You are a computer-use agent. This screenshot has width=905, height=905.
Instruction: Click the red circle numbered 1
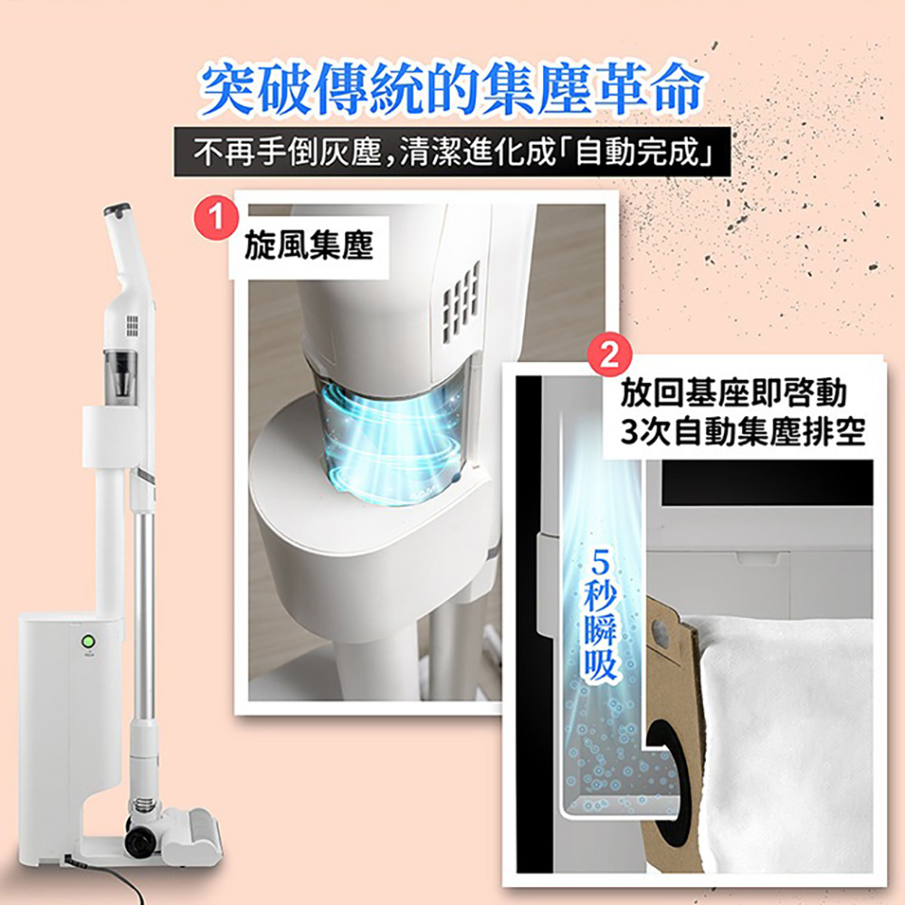coord(216,217)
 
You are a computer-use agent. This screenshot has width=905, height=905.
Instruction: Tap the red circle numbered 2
coord(609,355)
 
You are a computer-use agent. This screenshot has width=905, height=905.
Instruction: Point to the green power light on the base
coord(89,642)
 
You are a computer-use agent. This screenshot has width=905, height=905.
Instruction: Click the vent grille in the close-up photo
coord(461,300)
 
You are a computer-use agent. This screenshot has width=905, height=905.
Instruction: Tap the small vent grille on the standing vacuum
coord(133,326)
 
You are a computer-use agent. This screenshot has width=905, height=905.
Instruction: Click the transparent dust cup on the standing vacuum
coord(120,375)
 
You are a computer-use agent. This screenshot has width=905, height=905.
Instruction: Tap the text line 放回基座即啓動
coord(733,394)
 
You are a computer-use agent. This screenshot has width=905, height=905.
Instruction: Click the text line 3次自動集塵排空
coord(743,432)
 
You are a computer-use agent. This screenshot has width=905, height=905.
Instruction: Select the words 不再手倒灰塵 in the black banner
coord(288,152)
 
